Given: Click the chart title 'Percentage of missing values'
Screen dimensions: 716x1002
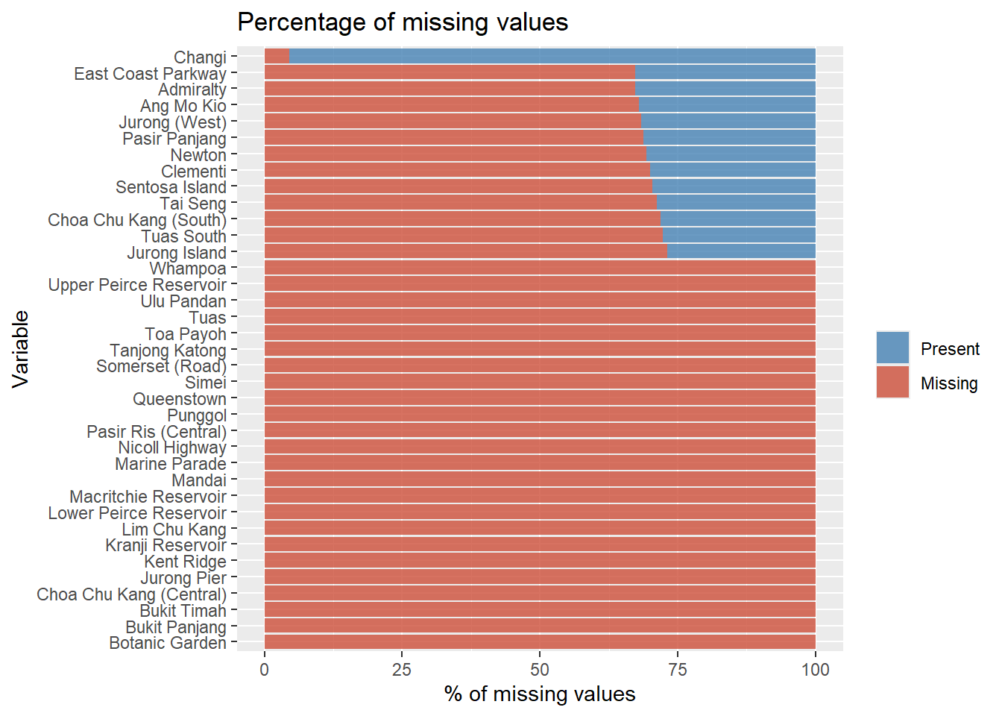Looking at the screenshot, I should coord(403,22).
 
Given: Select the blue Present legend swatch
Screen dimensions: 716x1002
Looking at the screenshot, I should coord(892,348).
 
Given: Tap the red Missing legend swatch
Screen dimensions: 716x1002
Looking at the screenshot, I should coord(892,383).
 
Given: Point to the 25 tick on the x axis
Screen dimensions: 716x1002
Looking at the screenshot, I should coord(402,669).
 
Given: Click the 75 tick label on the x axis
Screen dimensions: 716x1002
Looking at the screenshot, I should coord(677,669).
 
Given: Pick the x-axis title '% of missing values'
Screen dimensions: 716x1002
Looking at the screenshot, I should coord(540,694).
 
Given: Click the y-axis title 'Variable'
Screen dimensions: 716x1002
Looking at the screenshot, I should coord(21,349).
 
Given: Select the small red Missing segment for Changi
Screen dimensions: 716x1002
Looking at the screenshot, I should coord(277,57).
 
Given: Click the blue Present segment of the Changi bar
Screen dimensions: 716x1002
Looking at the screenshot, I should coord(552,57).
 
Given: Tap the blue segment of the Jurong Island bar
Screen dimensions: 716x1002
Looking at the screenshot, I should coord(741,252).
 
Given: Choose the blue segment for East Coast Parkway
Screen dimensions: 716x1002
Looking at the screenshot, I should coord(725,73).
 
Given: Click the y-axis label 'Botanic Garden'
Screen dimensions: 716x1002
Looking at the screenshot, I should coord(168,643).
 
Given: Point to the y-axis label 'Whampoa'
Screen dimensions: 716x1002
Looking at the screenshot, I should coord(188,268).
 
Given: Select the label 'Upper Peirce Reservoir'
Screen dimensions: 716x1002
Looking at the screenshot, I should coord(137,285).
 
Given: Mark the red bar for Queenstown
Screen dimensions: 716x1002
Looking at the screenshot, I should coord(540,399).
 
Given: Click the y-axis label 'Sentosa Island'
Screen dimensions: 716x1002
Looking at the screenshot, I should coord(171,187).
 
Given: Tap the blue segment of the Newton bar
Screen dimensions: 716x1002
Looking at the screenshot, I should coord(731,154).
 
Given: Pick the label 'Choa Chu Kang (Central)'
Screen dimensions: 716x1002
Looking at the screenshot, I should coord(131,594).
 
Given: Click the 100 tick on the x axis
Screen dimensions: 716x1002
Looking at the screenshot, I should coord(815,669).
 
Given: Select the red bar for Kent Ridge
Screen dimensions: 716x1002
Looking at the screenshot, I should coord(540,562).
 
